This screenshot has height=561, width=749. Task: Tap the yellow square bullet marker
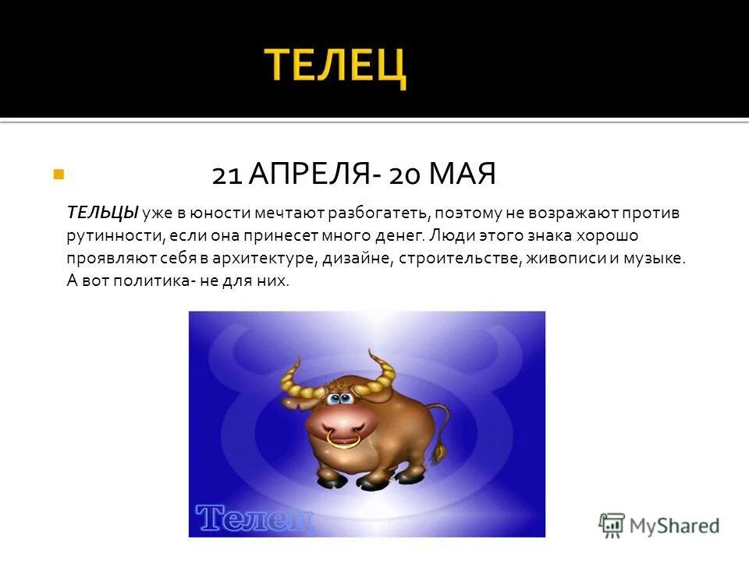[58, 175]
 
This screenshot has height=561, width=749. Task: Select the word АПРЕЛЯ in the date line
[309, 175]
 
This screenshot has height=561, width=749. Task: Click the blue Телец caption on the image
[255, 517]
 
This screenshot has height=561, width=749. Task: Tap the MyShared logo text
[674, 525]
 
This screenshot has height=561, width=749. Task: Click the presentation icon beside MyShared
[612, 524]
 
